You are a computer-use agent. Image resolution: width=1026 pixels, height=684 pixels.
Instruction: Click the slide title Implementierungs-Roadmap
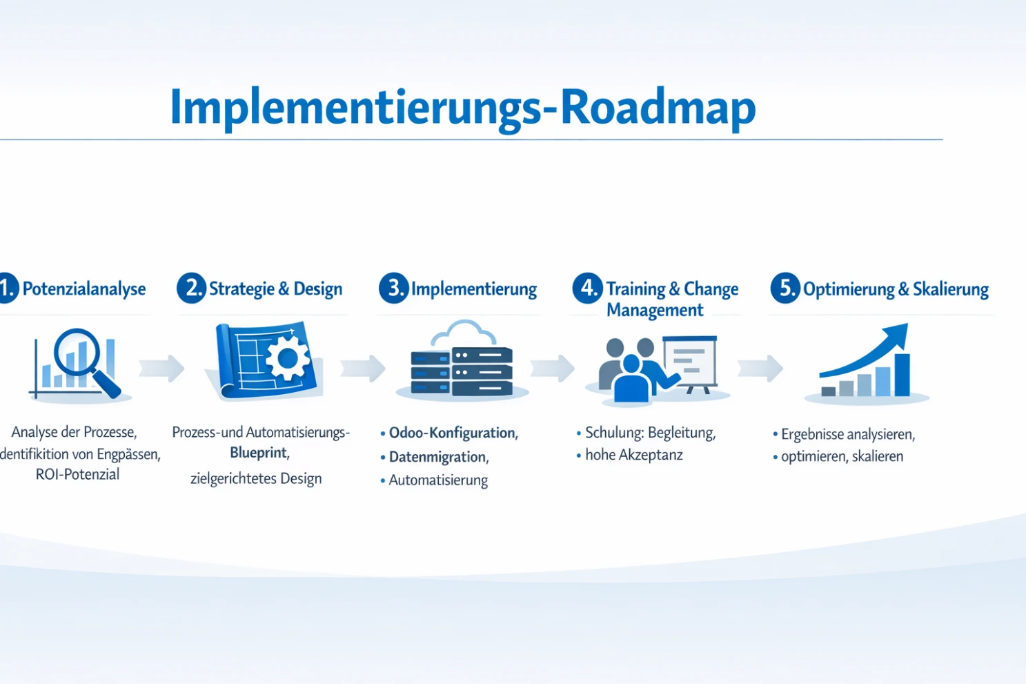462,107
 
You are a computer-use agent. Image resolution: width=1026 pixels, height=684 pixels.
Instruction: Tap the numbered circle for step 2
191,288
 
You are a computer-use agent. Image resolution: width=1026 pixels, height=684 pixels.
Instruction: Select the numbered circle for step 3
393,288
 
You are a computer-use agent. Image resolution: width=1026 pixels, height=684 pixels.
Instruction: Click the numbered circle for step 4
587,288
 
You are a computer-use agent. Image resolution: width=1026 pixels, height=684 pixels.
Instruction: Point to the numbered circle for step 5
785,288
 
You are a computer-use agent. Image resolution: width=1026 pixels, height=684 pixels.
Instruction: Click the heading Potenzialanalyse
83,289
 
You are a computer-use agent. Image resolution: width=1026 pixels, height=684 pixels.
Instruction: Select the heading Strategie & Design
275,289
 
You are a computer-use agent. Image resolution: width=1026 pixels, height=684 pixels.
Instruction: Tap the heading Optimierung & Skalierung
896,289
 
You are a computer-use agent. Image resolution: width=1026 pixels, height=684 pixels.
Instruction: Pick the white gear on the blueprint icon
287,358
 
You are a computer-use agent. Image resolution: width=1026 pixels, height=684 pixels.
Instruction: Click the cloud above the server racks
464,334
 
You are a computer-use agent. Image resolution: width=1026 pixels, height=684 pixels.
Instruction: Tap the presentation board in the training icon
691,361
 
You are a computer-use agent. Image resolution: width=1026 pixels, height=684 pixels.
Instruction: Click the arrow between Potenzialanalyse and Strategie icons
161,369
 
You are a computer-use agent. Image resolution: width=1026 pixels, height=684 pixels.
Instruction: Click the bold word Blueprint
258,453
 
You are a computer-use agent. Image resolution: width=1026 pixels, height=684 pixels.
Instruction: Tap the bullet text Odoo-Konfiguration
453,433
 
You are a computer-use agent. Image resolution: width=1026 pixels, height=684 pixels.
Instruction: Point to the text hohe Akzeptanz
633,455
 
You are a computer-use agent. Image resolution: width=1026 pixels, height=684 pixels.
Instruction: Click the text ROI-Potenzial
77,475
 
